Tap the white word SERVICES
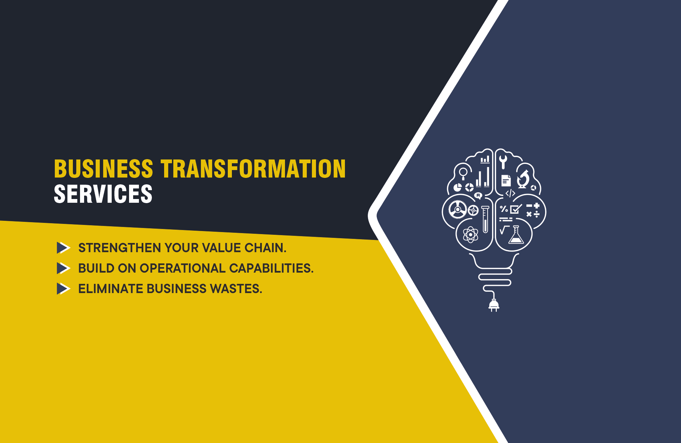pyautogui.click(x=103, y=194)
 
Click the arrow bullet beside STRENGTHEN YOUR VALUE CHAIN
pyautogui.click(x=63, y=248)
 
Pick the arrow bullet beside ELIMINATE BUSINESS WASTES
pyautogui.click(x=63, y=289)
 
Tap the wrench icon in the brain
pyautogui.click(x=503, y=162)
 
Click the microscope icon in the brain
pyautogui.click(x=523, y=179)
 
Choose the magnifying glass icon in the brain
pyautogui.click(x=463, y=173)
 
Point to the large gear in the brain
pyautogui.click(x=458, y=209)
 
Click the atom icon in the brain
pyautogui.click(x=471, y=234)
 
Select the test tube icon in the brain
pyautogui.click(x=485, y=219)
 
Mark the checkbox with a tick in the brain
pyautogui.click(x=516, y=209)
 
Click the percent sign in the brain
pyautogui.click(x=504, y=209)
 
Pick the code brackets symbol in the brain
pyautogui.click(x=510, y=194)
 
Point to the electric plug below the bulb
pyautogui.click(x=494, y=305)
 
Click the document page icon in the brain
pyautogui.click(x=506, y=181)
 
